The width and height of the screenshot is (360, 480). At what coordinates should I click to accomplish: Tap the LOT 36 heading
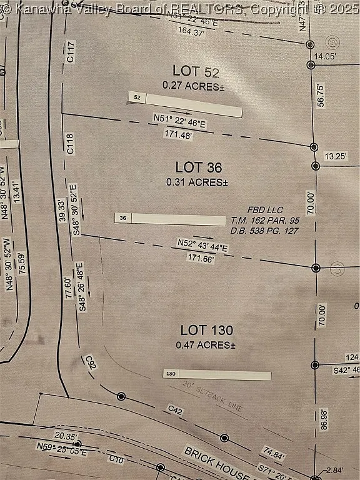click(x=199, y=167)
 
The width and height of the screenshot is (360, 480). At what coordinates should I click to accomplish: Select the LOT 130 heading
click(x=206, y=330)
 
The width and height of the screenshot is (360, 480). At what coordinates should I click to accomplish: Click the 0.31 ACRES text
click(x=197, y=182)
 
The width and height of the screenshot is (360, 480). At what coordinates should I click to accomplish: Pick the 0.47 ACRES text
click(x=205, y=344)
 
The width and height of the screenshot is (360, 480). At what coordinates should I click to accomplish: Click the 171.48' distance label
click(x=178, y=134)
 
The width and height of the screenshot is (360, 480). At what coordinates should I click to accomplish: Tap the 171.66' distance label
click(x=201, y=257)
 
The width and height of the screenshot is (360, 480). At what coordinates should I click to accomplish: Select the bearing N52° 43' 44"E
click(x=202, y=245)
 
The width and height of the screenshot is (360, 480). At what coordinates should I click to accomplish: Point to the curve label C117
click(x=71, y=51)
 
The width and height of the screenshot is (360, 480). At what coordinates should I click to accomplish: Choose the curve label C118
click(x=70, y=144)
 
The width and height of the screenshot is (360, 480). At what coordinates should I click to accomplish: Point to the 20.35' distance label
click(x=65, y=436)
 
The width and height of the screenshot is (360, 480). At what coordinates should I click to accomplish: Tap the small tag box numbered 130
click(x=171, y=373)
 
